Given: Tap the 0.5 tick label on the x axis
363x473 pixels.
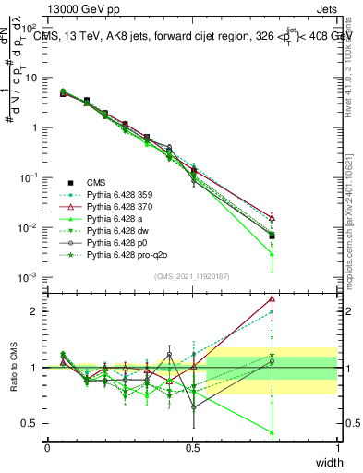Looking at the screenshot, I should (192, 448).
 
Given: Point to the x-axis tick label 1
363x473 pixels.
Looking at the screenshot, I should (337, 448).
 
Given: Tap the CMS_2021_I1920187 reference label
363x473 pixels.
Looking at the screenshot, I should (192, 276).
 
